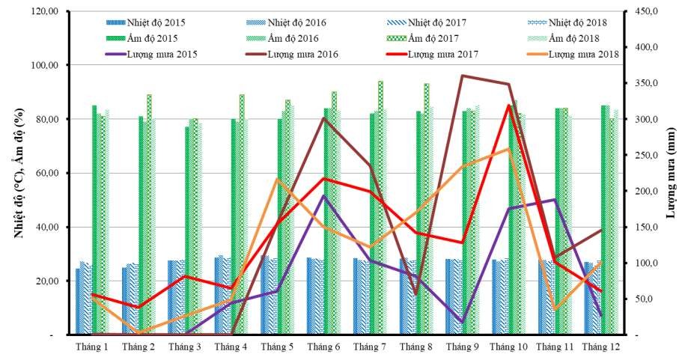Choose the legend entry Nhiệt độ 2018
pos(578,22)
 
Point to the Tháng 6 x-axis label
pos(323,347)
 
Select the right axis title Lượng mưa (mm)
pos(671,173)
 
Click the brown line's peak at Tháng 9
pos(463,76)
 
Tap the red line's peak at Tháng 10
pos(509,105)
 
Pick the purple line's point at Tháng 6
pos(323,195)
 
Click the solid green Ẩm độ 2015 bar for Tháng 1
pos(94,220)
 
